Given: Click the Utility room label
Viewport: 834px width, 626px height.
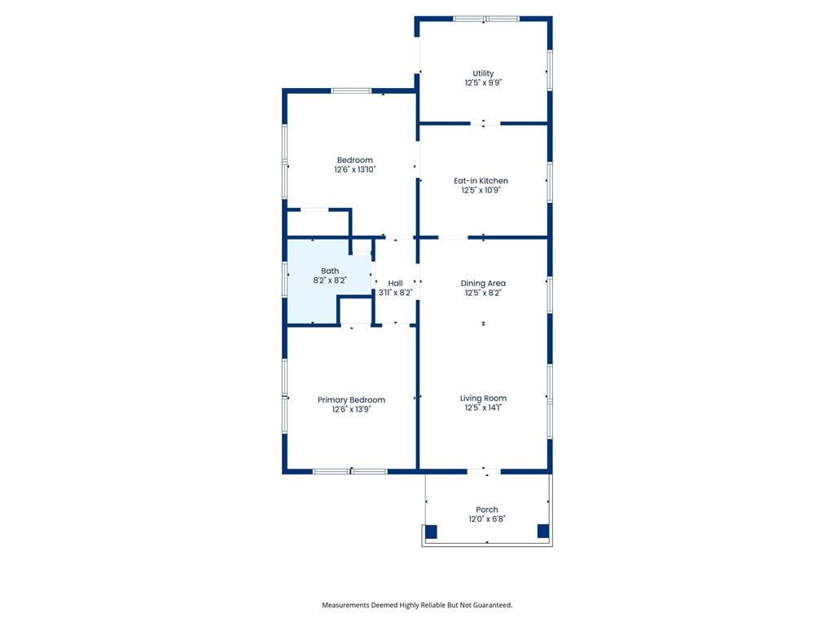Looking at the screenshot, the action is [x=483, y=73].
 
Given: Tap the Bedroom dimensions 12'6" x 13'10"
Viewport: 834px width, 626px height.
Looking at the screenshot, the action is [x=355, y=170].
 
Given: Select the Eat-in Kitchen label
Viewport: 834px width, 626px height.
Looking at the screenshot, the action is [x=481, y=180].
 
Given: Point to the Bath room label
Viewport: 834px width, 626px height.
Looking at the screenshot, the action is [x=330, y=271].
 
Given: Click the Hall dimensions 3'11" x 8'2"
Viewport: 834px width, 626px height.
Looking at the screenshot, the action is [x=395, y=293].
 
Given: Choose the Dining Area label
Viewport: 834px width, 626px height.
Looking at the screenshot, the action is [x=483, y=283].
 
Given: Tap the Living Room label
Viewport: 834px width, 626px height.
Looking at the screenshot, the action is [x=483, y=398].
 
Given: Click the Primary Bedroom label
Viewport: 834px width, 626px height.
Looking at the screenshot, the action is [x=351, y=399].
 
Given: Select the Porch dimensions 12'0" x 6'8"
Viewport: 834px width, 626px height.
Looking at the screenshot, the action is [x=487, y=518].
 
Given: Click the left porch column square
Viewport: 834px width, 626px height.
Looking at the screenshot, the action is [x=431, y=531].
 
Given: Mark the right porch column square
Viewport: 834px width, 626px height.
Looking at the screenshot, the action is [x=543, y=531].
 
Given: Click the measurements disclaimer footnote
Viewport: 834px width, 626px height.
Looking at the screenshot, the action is [x=417, y=605].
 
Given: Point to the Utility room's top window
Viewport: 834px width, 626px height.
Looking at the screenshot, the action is [x=486, y=19].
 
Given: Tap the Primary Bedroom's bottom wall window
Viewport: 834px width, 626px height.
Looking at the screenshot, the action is [x=350, y=472].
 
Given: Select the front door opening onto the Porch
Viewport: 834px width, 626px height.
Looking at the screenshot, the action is [x=484, y=472].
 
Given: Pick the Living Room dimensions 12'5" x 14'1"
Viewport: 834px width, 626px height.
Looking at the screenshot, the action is [x=483, y=408].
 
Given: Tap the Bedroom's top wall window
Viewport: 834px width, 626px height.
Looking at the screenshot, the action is [x=351, y=90].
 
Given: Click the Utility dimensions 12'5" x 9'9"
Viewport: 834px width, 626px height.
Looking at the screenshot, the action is [x=483, y=82].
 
